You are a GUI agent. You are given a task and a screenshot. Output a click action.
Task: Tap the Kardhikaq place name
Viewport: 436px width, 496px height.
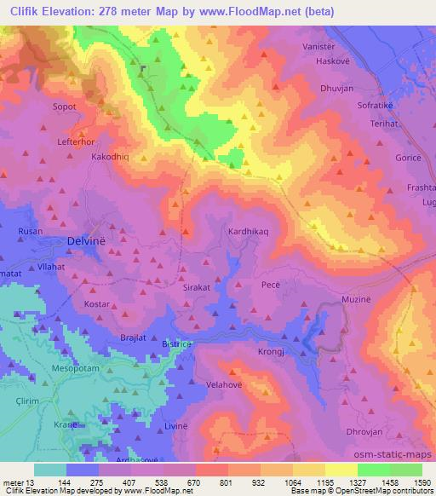coord(250,231)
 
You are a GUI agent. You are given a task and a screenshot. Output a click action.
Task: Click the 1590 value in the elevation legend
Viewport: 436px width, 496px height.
coord(422,482)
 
